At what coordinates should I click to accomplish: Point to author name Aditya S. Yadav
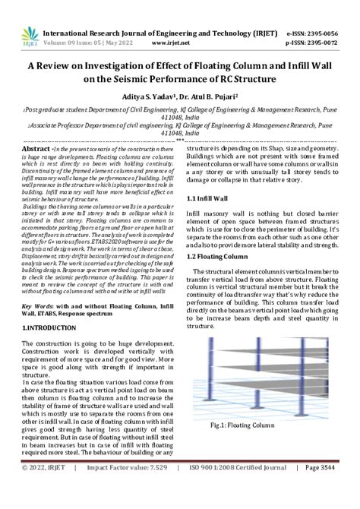click(x=151, y=97)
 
